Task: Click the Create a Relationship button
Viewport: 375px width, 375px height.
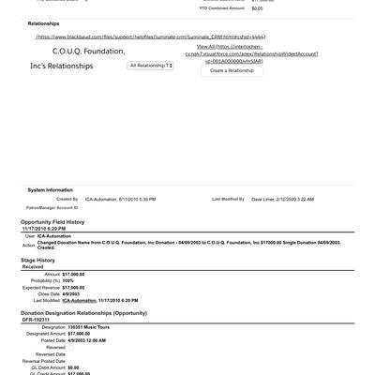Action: (x=232, y=70)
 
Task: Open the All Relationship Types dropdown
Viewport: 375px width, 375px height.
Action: (x=150, y=66)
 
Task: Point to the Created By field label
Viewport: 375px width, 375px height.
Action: (x=67, y=199)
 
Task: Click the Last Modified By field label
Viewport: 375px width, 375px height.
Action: (x=229, y=199)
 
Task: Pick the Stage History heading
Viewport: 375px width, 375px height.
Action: (x=38, y=260)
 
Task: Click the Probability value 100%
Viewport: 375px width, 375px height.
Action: (x=68, y=280)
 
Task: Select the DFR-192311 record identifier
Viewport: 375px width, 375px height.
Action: (x=36, y=319)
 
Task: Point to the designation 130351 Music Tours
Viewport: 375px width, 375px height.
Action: (x=92, y=326)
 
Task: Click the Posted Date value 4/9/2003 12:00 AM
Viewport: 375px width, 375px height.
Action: (x=93, y=339)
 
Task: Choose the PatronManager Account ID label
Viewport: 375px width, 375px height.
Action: (x=52, y=207)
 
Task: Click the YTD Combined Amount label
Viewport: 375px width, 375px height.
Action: (x=222, y=7)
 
